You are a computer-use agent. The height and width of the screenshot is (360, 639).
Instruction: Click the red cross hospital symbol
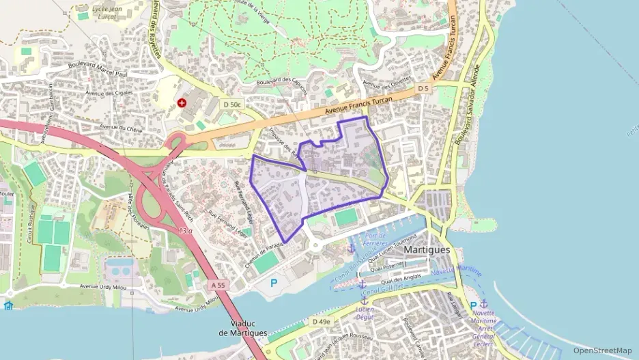click(x=182, y=103)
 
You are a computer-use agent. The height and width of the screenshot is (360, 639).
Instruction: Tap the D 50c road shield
click(x=232, y=104)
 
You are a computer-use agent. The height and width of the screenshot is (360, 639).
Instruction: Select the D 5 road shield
click(x=423, y=89)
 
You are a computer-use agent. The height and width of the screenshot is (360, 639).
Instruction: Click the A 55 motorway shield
click(x=218, y=284)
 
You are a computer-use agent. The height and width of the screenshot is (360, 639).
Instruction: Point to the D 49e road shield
click(x=321, y=321)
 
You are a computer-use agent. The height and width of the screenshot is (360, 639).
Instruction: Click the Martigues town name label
click(x=427, y=250)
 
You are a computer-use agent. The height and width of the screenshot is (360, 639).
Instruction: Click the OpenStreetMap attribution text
click(x=603, y=350)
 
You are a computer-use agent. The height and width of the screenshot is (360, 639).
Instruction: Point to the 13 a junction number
click(x=184, y=230)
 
